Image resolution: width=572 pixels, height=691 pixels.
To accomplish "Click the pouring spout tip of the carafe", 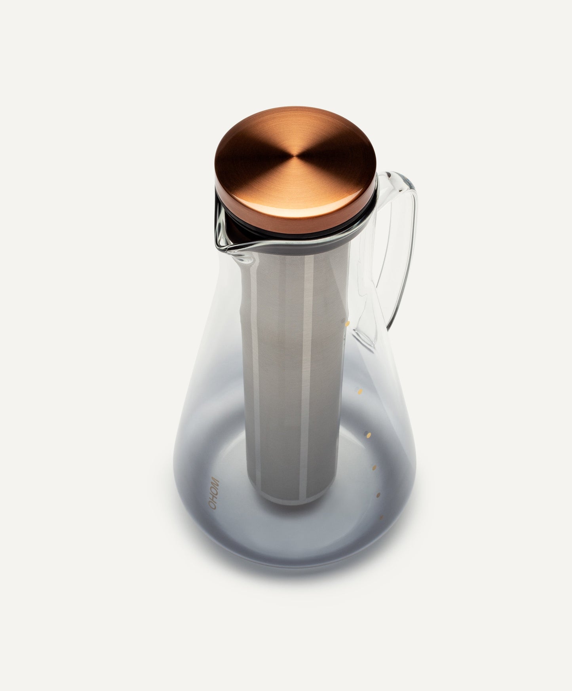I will (219, 248).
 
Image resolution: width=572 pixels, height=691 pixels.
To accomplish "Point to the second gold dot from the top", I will (359, 392).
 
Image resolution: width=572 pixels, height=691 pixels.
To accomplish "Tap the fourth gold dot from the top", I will (374, 468).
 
